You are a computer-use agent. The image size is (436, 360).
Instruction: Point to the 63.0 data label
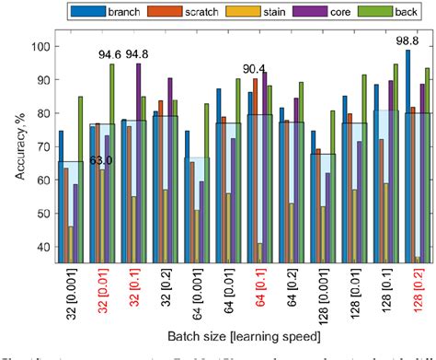click(75, 160)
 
